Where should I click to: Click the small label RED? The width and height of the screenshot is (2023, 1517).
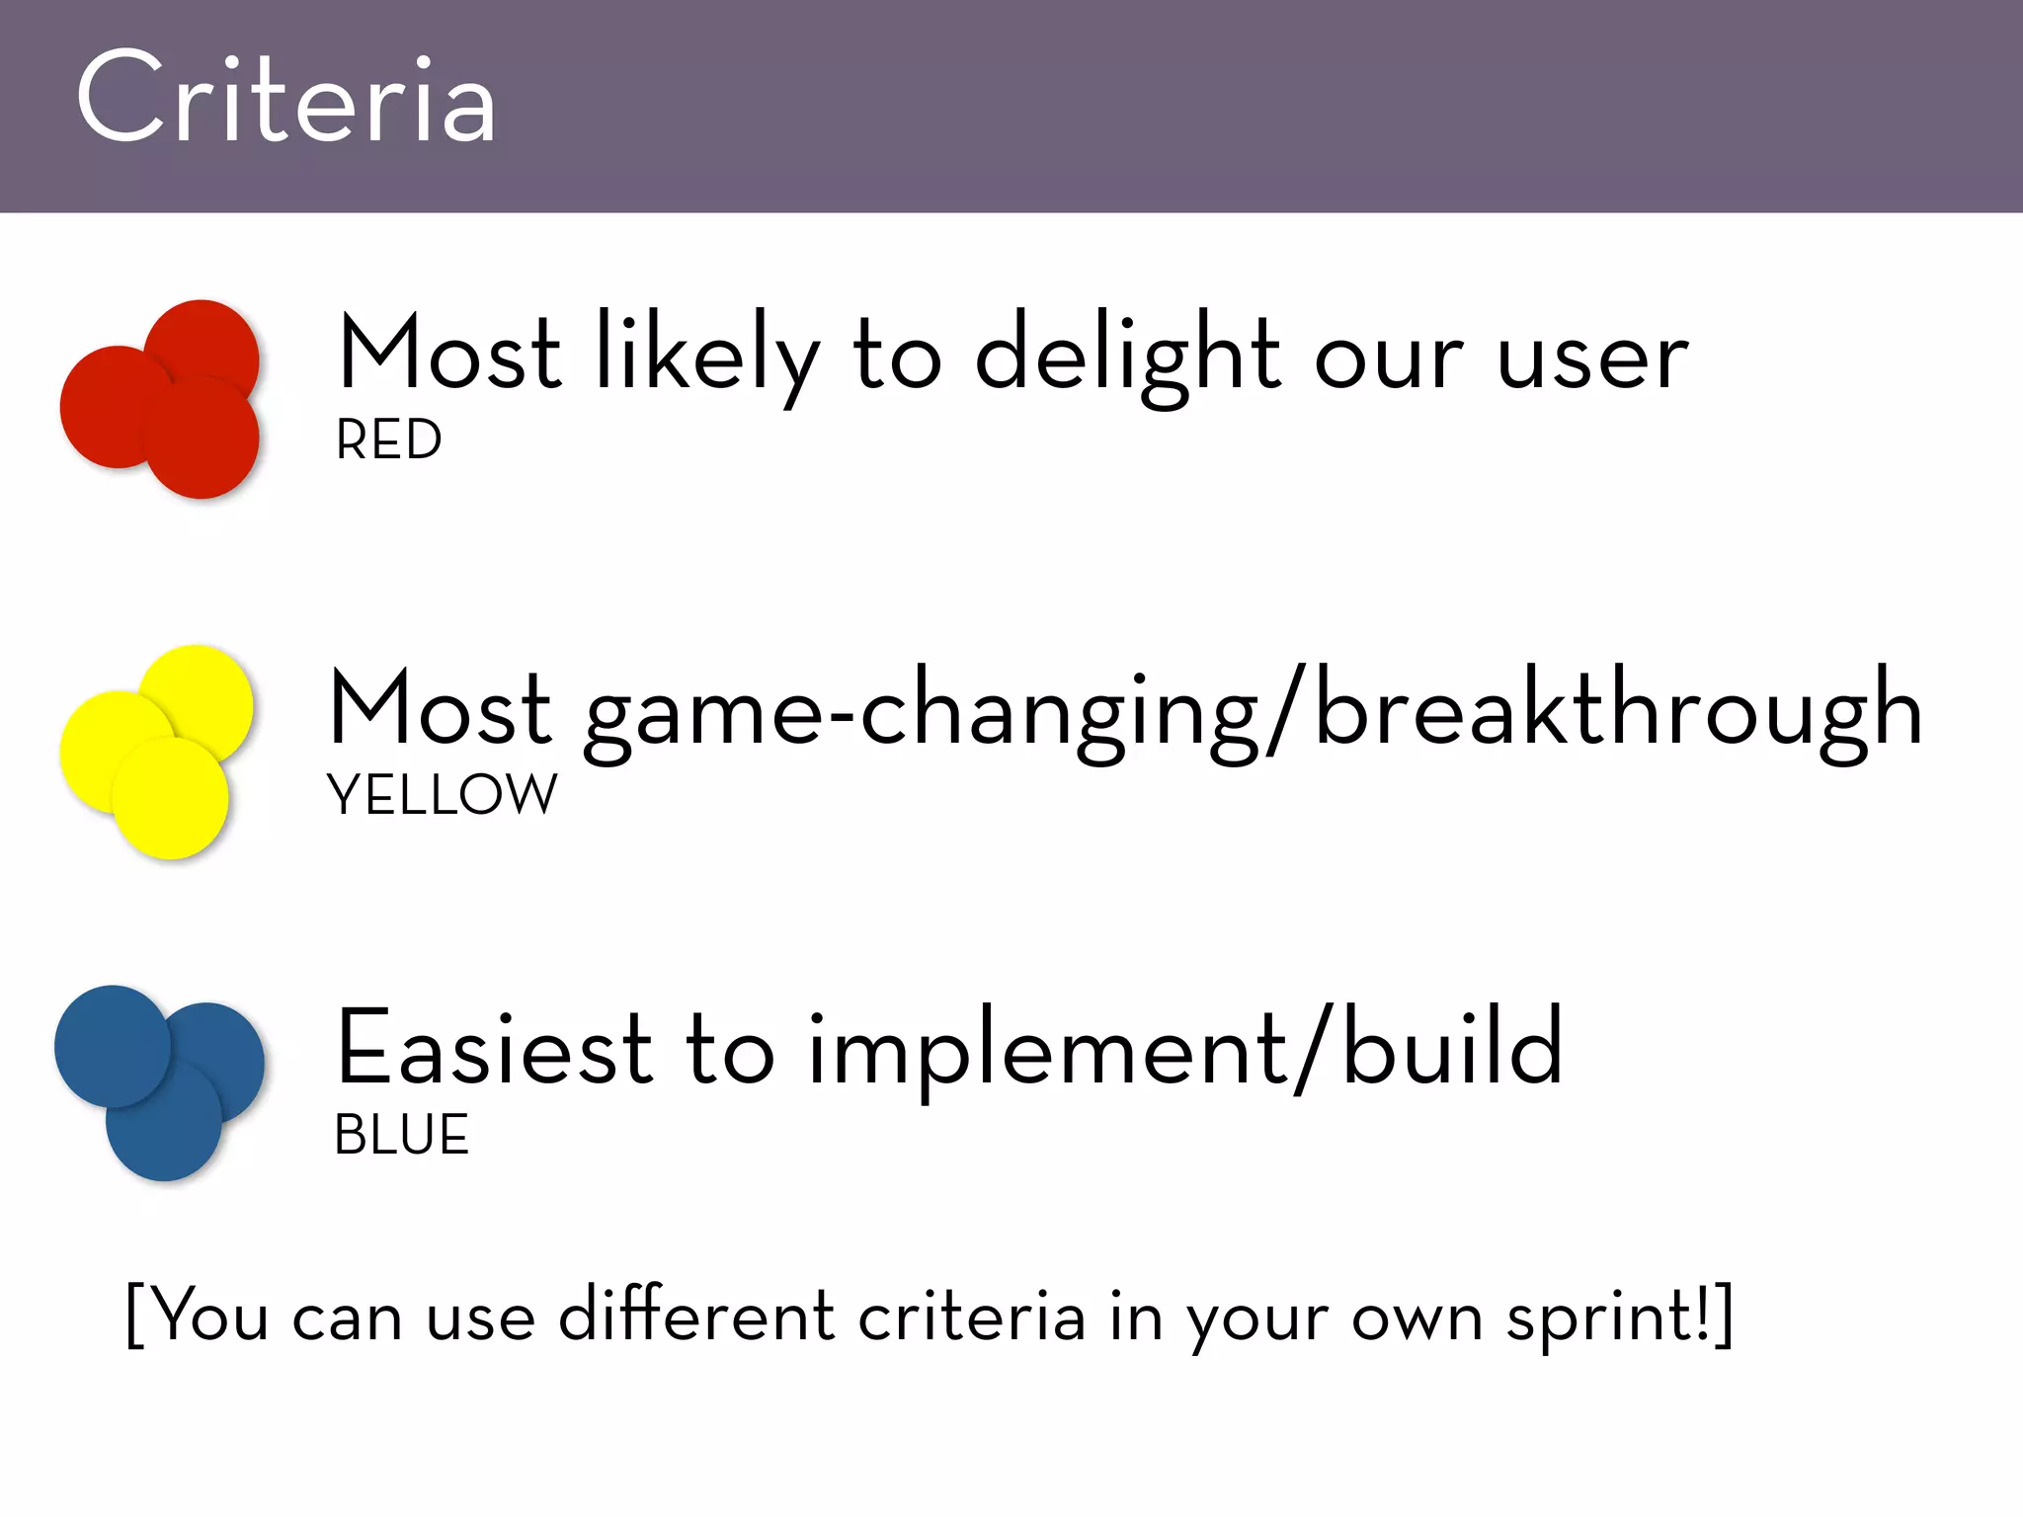tap(388, 440)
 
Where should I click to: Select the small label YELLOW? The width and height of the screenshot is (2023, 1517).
tap(442, 795)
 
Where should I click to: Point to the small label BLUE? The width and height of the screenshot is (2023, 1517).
tap(401, 1135)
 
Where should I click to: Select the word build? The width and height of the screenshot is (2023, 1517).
tap(1452, 1047)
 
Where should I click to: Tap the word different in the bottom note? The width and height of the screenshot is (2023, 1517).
tap(696, 1317)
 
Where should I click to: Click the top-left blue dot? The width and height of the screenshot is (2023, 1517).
tap(111, 1045)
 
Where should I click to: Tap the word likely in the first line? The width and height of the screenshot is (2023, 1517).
tap(706, 356)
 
